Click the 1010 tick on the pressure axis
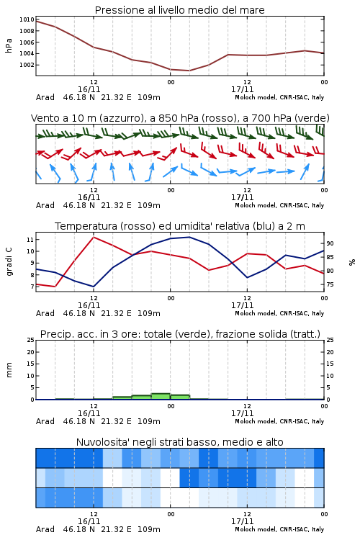tap(27, 19)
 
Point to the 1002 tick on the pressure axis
tap(27, 65)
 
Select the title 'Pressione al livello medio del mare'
tap(180, 10)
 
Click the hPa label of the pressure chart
tap(9, 45)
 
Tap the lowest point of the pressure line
tap(189, 71)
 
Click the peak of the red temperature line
tap(94, 237)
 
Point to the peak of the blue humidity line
tap(189, 237)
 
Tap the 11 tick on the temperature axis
tap(30, 239)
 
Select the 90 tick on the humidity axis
tap(330, 243)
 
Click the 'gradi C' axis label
tap(9, 261)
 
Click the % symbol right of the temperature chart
tap(352, 262)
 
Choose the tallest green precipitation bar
tap(161, 397)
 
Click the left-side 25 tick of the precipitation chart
tap(30, 340)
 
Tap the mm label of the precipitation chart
tap(9, 370)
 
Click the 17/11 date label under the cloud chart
tap(242, 521)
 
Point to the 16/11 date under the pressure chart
tap(89, 89)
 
